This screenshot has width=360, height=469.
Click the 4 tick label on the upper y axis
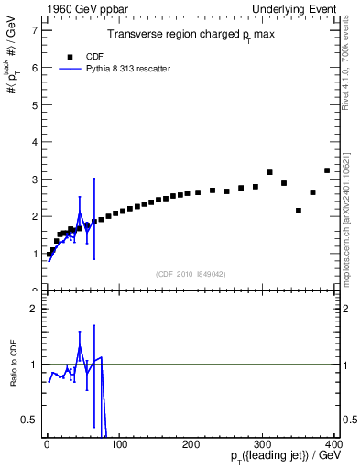coord(33,142)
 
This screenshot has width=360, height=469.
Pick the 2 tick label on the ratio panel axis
coord(33,309)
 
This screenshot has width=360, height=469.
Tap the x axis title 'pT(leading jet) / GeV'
coord(283,456)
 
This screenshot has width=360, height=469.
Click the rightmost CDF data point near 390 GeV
coord(327,170)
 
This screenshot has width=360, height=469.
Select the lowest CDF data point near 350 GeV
coord(299,211)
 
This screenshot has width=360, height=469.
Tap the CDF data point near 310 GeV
coord(269,172)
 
